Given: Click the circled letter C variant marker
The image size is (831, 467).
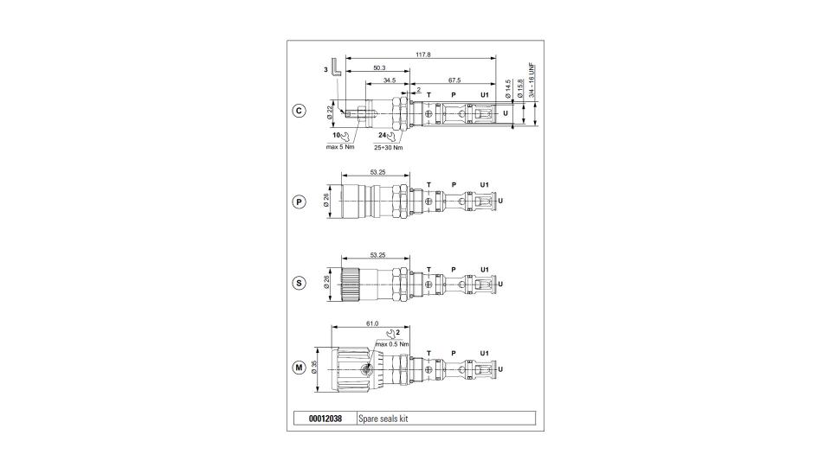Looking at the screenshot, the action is pos(300,112).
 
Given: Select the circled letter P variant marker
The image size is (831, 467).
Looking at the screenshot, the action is pos(300,202).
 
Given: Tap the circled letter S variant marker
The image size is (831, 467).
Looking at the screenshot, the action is pos(300,284).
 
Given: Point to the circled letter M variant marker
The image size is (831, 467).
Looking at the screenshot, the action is pos(300,368).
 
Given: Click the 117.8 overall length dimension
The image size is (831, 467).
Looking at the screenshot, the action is pos(423,54).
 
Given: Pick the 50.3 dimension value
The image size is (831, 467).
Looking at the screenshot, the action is pos(379,67).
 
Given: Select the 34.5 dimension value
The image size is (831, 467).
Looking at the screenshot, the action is pos(390,80).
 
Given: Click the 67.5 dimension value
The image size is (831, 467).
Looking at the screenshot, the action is pos(454,80).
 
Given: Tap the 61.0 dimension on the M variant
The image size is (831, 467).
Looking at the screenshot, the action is pos(372,323).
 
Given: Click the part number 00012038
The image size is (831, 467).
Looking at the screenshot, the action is pos(325,419).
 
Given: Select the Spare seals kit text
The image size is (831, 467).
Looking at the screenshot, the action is pos(383,419).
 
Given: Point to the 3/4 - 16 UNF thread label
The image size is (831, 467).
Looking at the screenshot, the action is pos(531,80).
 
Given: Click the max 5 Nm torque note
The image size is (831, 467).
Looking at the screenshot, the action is pos(340,147).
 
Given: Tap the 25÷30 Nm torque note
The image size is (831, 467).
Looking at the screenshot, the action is pos(389,147).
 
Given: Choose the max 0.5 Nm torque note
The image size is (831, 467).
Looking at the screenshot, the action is pos(392,343).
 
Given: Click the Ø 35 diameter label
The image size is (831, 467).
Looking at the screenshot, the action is pos(313,368).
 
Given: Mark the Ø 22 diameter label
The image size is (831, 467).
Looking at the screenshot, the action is pos(329,112).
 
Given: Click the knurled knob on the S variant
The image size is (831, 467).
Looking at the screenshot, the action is pos(350,284).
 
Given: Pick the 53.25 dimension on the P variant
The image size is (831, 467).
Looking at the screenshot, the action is pos(378,172).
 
